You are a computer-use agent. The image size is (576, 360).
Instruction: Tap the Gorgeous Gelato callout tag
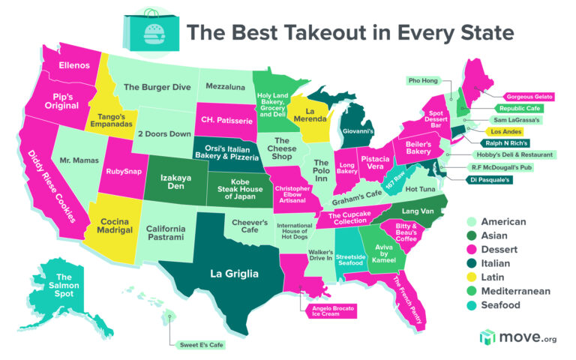[529, 97]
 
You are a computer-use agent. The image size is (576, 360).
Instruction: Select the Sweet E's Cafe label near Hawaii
[202, 346]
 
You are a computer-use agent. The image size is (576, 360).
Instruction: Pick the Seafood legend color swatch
[467, 305]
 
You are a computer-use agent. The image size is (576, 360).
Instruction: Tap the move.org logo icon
[488, 337]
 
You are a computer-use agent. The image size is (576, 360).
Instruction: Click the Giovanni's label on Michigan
[358, 131]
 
